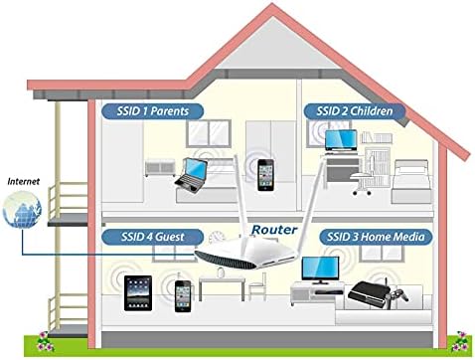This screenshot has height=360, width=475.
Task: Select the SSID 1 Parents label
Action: point(152,110)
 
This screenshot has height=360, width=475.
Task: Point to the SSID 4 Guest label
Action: point(152,237)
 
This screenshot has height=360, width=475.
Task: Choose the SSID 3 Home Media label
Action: point(373,237)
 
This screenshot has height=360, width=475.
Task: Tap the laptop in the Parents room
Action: point(191,174)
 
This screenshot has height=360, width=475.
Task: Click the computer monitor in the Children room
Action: point(341,143)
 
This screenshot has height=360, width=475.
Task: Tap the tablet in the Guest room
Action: point(137,293)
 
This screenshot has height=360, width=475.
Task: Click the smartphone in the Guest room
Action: point(183,294)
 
